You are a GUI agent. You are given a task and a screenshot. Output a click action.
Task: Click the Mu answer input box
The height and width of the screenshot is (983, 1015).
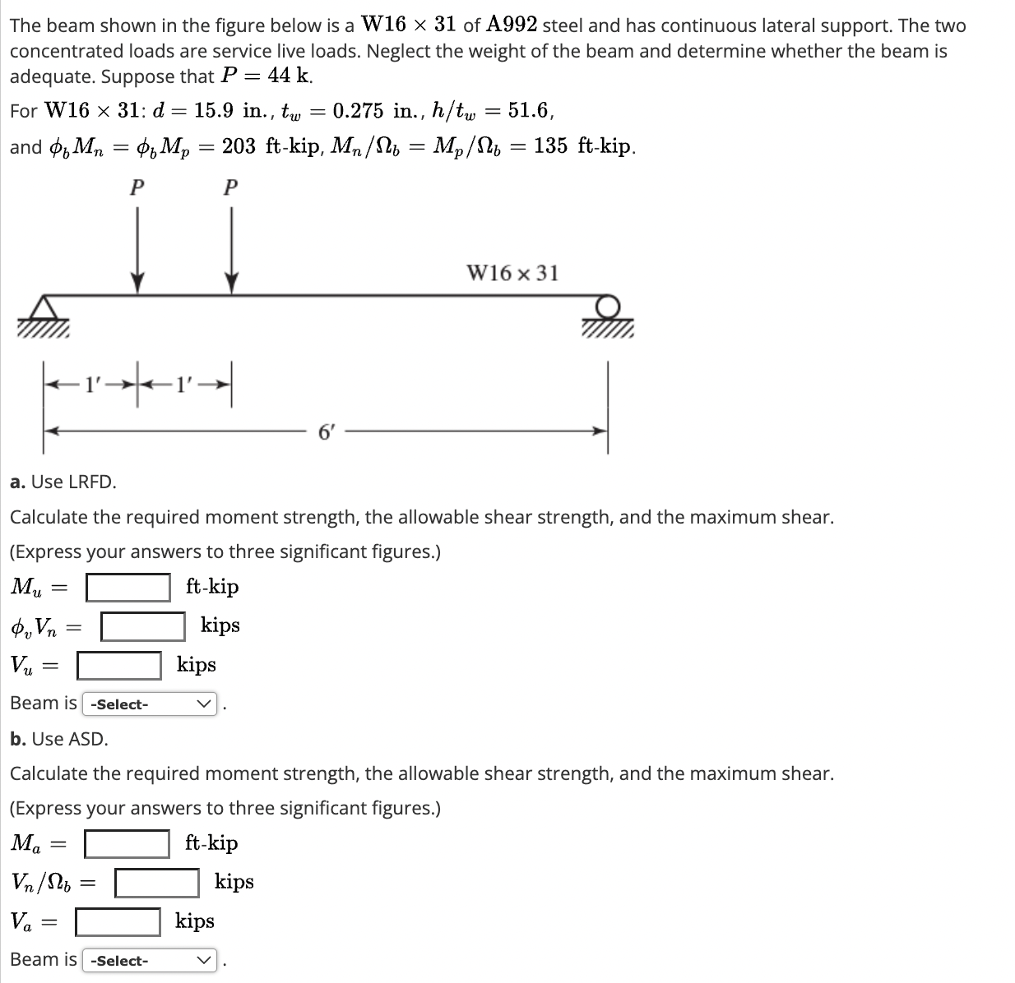click(128, 587)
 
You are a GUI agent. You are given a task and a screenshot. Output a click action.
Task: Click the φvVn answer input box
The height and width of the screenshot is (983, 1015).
click(143, 626)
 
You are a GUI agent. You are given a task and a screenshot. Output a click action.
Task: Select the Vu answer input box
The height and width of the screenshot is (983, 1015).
click(119, 665)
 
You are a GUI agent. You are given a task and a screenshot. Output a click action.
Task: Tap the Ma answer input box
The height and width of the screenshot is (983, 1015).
click(128, 843)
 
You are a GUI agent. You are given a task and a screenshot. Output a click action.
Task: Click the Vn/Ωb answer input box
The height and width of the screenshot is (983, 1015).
click(156, 883)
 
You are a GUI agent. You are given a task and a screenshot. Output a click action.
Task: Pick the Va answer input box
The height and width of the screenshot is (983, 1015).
click(118, 921)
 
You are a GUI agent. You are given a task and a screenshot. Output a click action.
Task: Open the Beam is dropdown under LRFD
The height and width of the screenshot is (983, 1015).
click(150, 704)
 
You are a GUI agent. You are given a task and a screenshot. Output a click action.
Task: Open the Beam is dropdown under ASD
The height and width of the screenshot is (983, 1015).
click(150, 960)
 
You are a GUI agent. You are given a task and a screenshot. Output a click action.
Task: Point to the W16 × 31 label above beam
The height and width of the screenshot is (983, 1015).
click(512, 273)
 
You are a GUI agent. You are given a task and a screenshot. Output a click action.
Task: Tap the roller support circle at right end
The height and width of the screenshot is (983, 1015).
click(608, 305)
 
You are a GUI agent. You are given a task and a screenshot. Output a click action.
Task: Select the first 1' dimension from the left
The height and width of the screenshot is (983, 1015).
click(91, 383)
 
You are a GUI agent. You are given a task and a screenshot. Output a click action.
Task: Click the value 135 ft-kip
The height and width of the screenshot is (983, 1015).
click(583, 147)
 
